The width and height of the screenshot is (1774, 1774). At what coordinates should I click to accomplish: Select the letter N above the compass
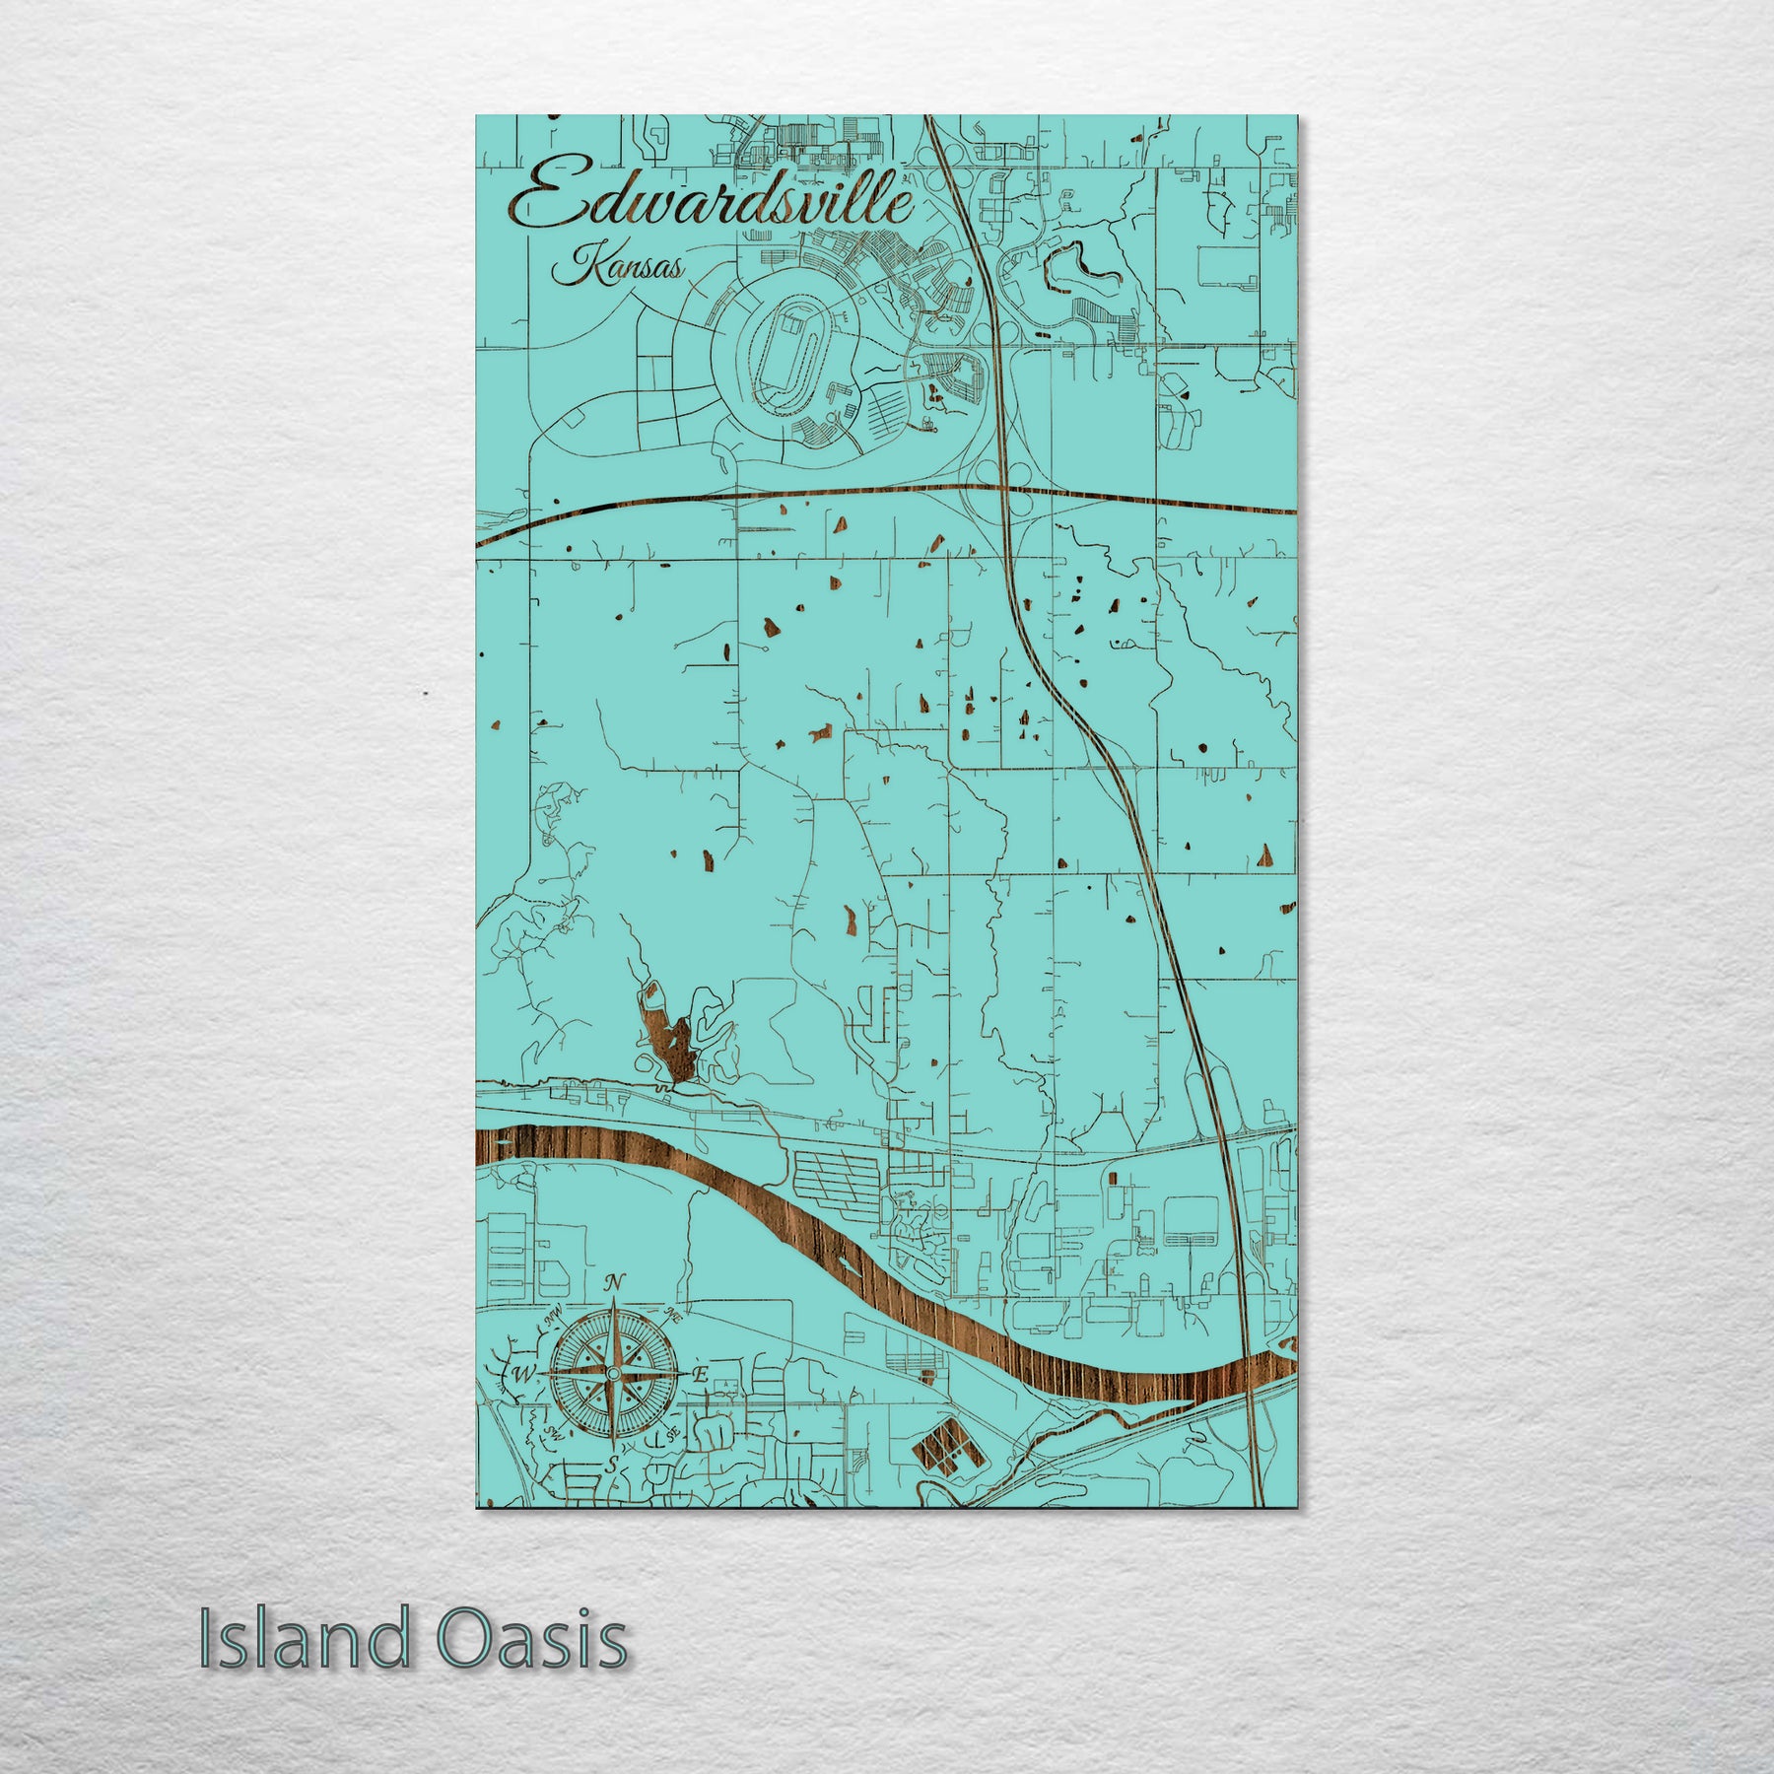614,1282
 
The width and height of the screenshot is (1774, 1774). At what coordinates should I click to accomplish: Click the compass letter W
524,1375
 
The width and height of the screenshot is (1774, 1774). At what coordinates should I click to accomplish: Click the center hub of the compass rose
612,1374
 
